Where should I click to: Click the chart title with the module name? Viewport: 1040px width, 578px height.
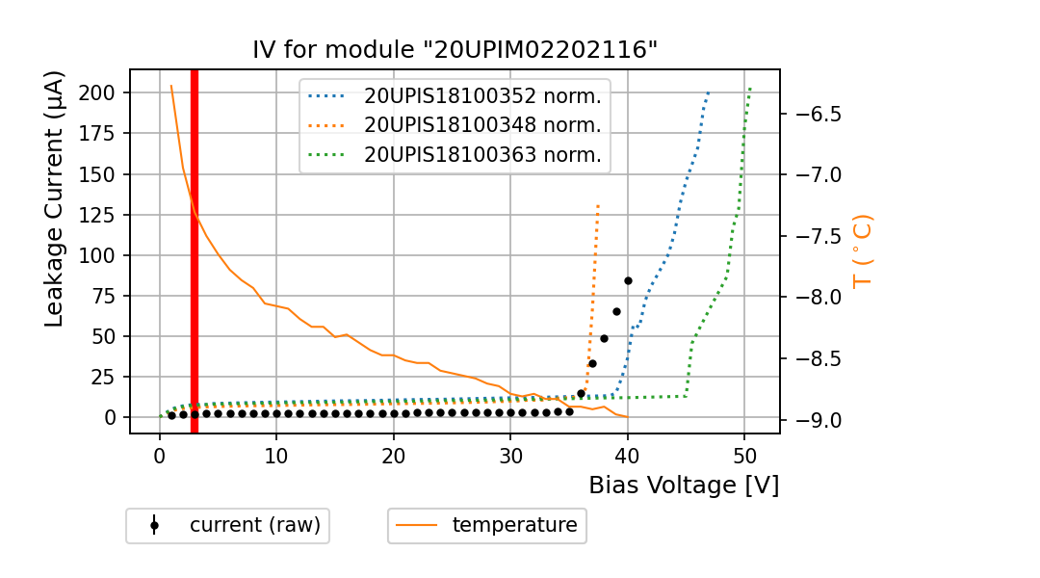[x=455, y=50]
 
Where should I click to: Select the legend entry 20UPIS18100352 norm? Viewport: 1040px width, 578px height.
[x=482, y=96]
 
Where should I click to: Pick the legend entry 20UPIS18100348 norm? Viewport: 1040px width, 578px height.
[x=482, y=125]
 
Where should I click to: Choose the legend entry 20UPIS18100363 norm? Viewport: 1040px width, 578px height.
[x=482, y=154]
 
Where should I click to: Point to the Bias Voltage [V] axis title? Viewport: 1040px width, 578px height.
[x=684, y=486]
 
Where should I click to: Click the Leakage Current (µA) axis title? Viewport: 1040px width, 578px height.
[x=55, y=198]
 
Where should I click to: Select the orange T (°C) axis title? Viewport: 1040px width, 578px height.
[x=863, y=250]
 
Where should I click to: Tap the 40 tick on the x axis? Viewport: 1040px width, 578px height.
[x=628, y=455]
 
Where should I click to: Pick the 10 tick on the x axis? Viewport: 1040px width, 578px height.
[x=276, y=455]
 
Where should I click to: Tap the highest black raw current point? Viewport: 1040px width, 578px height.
[x=628, y=280]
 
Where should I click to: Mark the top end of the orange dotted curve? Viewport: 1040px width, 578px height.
[x=598, y=205]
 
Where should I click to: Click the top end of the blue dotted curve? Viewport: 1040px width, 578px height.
[x=708, y=93]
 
